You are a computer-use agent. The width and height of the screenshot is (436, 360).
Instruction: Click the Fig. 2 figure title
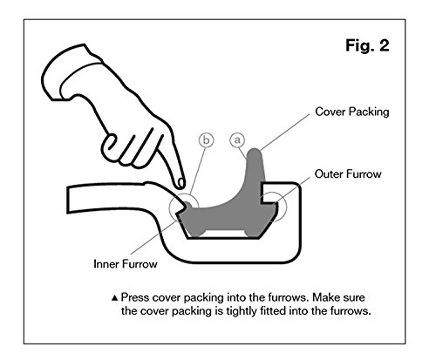(367, 45)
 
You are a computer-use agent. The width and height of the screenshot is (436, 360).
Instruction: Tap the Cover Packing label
(352, 112)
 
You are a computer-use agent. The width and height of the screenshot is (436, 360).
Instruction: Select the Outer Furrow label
(348, 174)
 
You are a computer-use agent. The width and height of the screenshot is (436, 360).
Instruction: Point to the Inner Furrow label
(126, 264)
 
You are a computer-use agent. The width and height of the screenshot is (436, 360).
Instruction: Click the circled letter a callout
(237, 140)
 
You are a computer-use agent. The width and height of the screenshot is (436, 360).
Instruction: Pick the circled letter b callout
(206, 140)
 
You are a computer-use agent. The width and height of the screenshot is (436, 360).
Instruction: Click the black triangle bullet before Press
(115, 298)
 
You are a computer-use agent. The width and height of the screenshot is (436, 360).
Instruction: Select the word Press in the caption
(135, 297)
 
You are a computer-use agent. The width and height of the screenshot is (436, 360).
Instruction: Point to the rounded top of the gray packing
(255, 152)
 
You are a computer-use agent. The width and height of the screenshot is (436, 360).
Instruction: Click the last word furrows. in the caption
(351, 311)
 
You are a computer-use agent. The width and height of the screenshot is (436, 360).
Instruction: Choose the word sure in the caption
(353, 298)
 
